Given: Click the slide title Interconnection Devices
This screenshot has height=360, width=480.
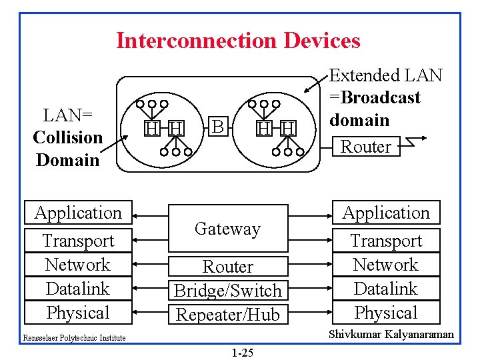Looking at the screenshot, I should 238,41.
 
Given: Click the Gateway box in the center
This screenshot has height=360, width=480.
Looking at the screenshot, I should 227,229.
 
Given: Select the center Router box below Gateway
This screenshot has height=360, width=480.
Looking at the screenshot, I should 227,267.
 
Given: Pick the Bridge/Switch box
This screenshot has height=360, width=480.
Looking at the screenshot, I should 227,291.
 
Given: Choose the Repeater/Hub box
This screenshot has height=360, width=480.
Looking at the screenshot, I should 227,314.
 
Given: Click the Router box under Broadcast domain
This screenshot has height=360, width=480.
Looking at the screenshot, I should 365,146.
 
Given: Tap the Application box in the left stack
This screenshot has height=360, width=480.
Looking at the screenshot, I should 78,213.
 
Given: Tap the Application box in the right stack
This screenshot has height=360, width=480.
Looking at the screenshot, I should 386,213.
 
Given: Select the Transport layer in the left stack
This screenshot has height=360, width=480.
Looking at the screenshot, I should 78,241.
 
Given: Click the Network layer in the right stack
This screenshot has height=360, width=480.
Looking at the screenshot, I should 386,265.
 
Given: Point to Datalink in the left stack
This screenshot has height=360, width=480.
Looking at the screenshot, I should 78,289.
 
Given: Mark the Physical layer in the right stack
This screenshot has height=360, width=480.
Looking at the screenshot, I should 386,313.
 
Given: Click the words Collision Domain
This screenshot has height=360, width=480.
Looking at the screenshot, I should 67,148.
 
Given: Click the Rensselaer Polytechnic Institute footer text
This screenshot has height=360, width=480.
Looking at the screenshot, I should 75,338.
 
